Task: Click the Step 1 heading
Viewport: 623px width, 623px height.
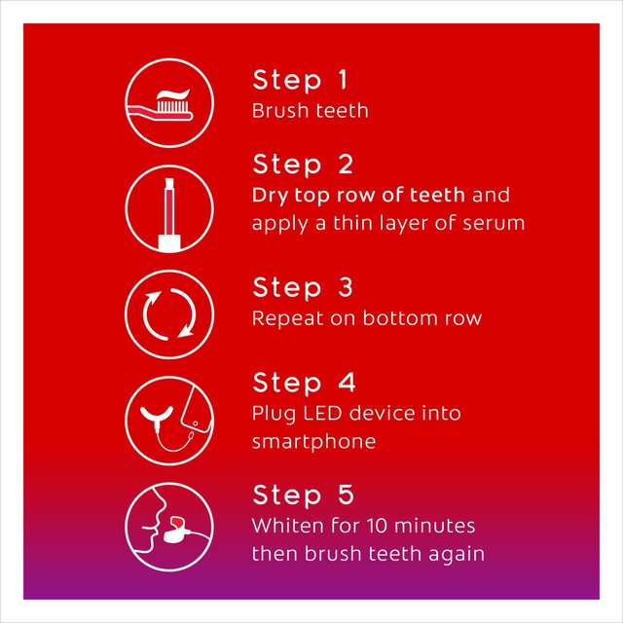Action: pyautogui.click(x=301, y=80)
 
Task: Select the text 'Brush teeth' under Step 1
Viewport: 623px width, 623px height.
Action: pyautogui.click(x=310, y=110)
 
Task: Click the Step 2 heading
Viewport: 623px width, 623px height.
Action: pyautogui.click(x=303, y=163)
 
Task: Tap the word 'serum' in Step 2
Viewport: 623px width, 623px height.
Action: pyautogui.click(x=496, y=223)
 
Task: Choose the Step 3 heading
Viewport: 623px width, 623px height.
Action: pyautogui.click(x=303, y=288)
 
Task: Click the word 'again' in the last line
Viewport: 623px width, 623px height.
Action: pyautogui.click(x=458, y=554)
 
